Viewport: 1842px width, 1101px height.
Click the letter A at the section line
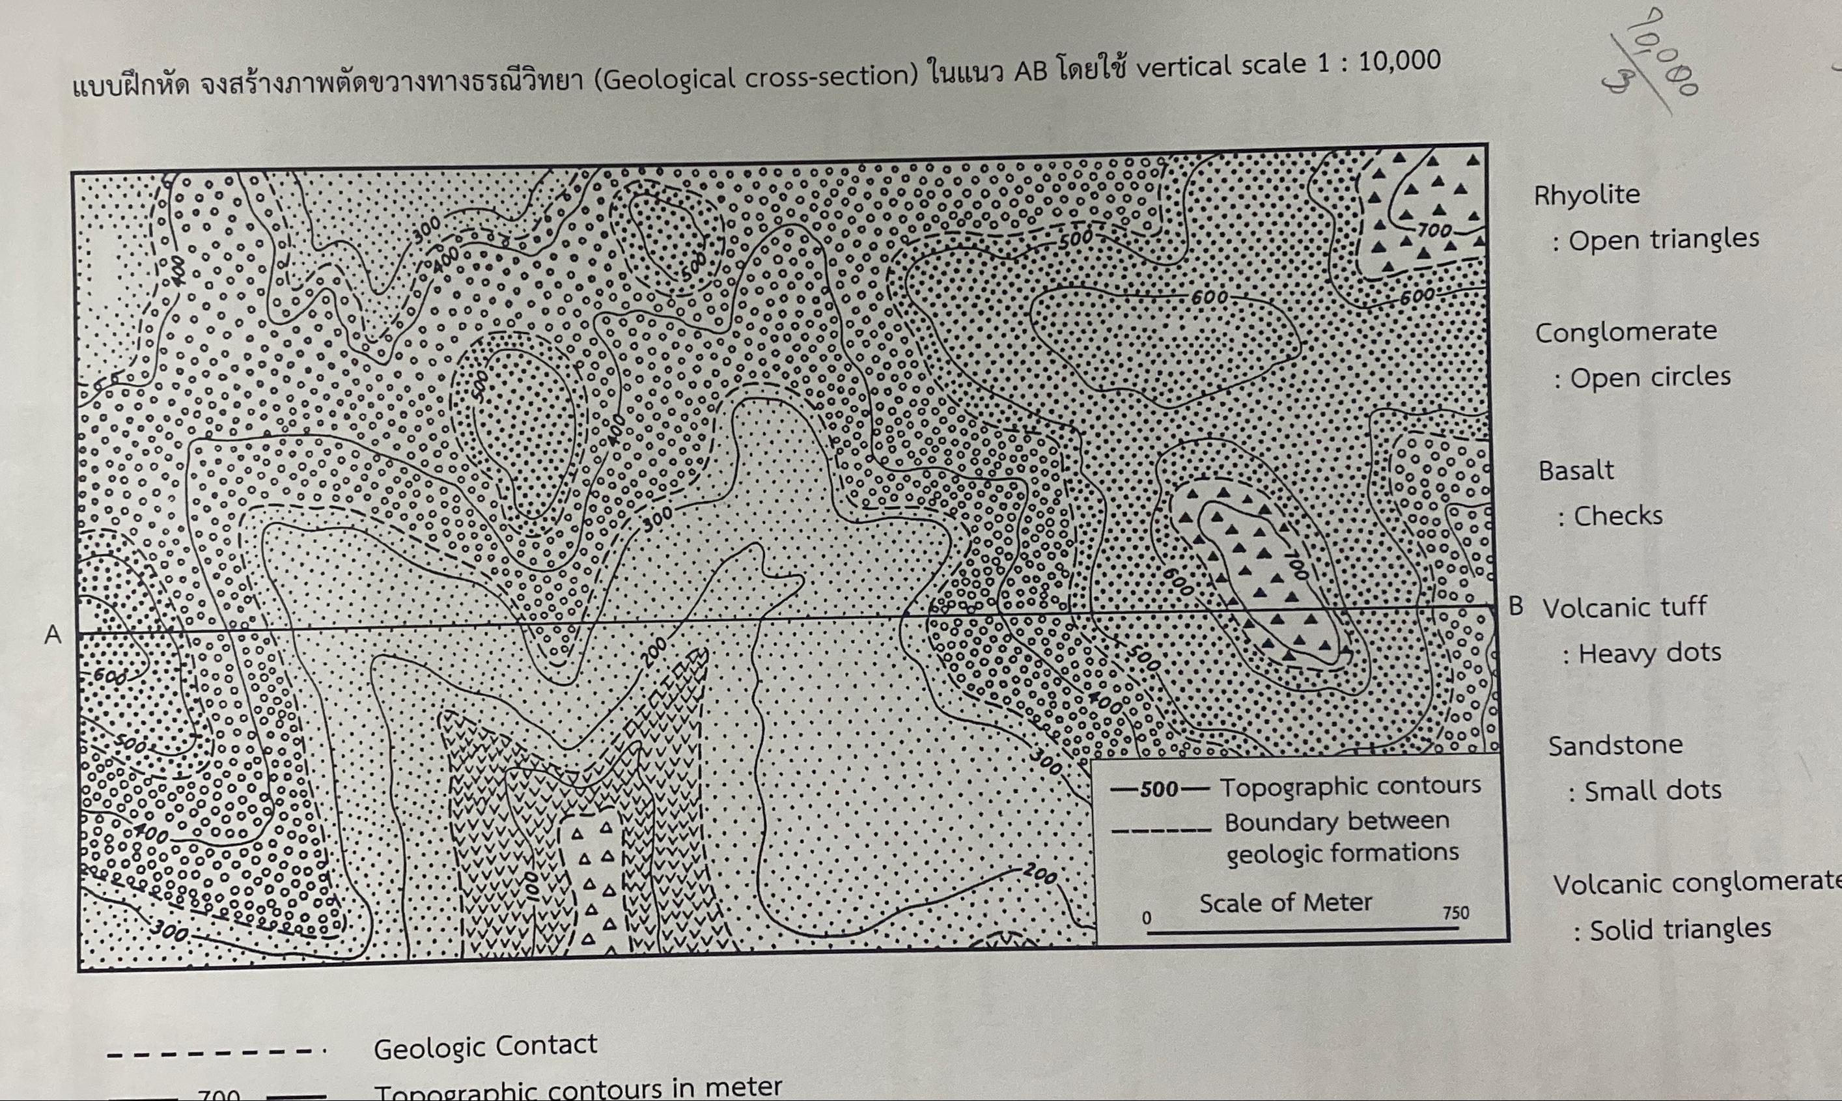click(53, 635)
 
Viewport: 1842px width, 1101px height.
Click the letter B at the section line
click(1516, 606)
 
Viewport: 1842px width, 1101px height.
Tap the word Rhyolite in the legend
click(1587, 195)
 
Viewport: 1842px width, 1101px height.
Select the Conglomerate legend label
click(1625, 331)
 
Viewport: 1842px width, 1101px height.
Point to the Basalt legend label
click(1576, 470)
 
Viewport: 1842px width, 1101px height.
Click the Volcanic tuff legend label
click(1624, 607)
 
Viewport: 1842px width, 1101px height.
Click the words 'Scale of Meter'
click(1285, 903)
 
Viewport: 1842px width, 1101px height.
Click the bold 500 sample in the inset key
click(1159, 788)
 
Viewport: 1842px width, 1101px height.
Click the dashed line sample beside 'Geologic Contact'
click(215, 1053)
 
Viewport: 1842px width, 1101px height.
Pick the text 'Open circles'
click(1650, 377)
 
